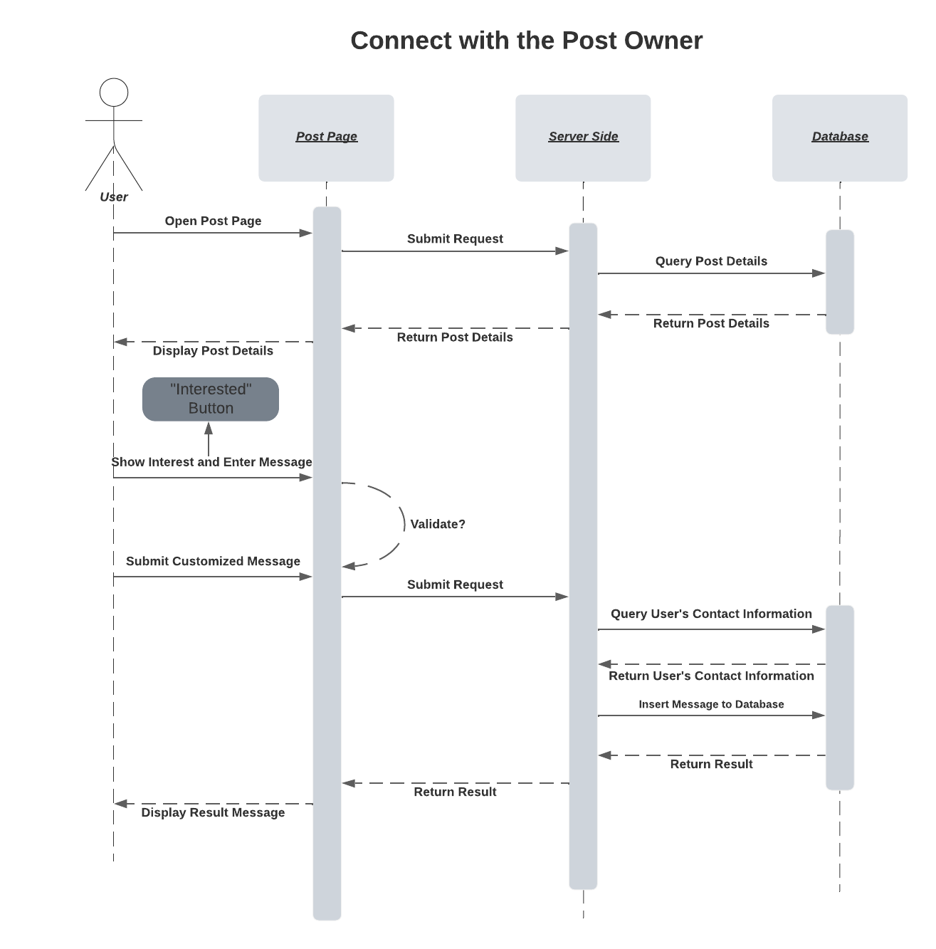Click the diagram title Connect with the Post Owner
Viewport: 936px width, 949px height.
pyautogui.click(x=526, y=41)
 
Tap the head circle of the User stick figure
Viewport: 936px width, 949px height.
pyautogui.click(x=114, y=93)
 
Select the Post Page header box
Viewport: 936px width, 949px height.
pyautogui.click(x=326, y=137)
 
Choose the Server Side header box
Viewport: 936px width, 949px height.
pyautogui.click(x=583, y=137)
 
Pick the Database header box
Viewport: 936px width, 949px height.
pyautogui.click(x=839, y=137)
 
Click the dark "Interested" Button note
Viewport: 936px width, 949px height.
pyautogui.click(x=211, y=399)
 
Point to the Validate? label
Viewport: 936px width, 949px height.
pyautogui.click(x=438, y=524)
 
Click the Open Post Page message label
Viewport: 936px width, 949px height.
pyautogui.click(x=213, y=221)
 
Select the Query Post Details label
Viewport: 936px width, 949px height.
pyautogui.click(x=711, y=261)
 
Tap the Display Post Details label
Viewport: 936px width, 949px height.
pyautogui.click(x=213, y=350)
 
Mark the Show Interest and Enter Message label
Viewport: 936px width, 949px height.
pyautogui.click(x=211, y=462)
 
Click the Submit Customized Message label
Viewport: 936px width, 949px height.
pyautogui.click(x=213, y=561)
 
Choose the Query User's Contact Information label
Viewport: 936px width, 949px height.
pyautogui.click(x=711, y=614)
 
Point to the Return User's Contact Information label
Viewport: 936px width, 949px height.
pyautogui.click(x=711, y=676)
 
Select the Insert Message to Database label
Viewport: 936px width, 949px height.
pyautogui.click(x=711, y=704)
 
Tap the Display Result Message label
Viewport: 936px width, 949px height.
pyautogui.click(x=213, y=812)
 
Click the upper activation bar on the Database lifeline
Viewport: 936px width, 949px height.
pyautogui.click(x=840, y=282)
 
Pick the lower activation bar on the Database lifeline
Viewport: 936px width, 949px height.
pyautogui.click(x=840, y=698)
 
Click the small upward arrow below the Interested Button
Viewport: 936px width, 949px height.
pyautogui.click(x=209, y=439)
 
